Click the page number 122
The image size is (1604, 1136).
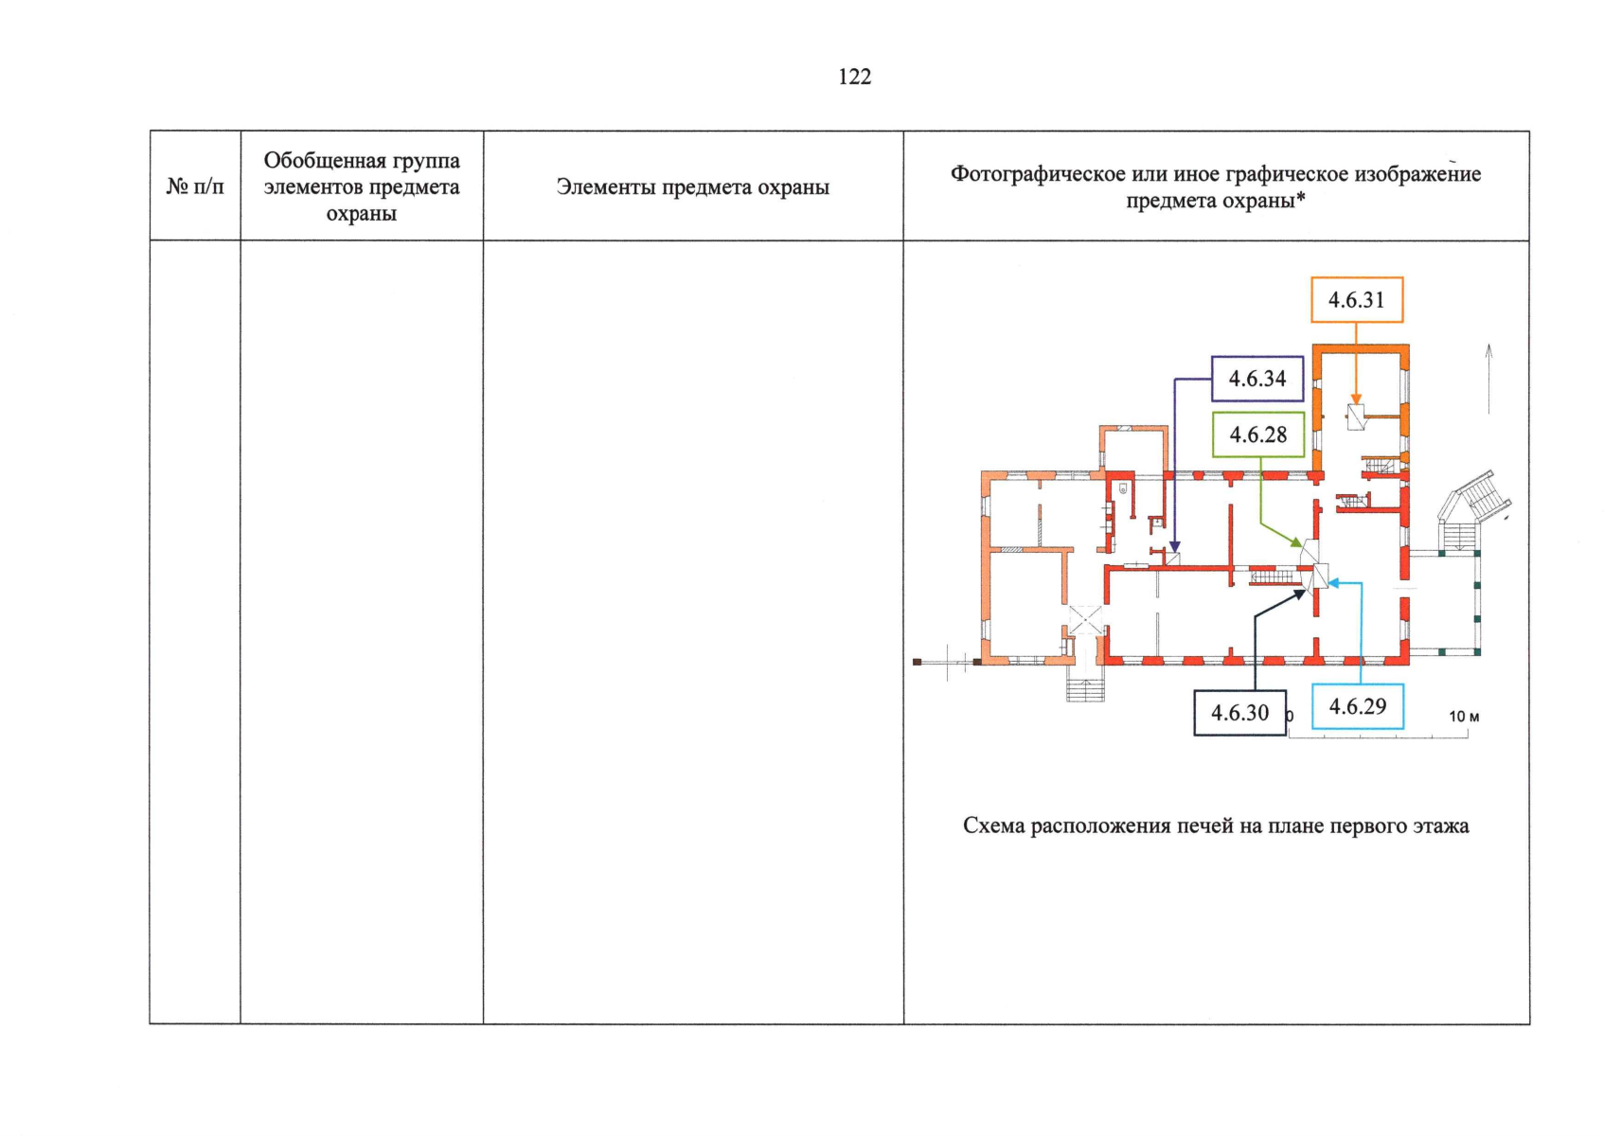(x=854, y=78)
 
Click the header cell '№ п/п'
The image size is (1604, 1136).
(x=195, y=186)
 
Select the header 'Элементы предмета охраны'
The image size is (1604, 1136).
(x=692, y=187)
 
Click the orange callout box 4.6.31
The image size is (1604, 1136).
(x=1356, y=300)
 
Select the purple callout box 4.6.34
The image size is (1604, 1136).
(x=1257, y=379)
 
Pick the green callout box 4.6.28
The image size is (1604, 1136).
(x=1257, y=435)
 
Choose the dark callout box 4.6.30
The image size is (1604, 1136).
(x=1239, y=713)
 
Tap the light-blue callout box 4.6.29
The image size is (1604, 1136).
(x=1357, y=706)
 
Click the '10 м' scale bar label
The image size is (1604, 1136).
(x=1464, y=717)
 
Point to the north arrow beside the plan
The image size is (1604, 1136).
(x=1488, y=379)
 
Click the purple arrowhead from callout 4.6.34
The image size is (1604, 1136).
(x=1175, y=547)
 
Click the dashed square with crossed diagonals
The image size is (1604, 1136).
(x=1085, y=620)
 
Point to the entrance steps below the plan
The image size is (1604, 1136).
(x=1085, y=688)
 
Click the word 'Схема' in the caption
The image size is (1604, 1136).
(x=993, y=826)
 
